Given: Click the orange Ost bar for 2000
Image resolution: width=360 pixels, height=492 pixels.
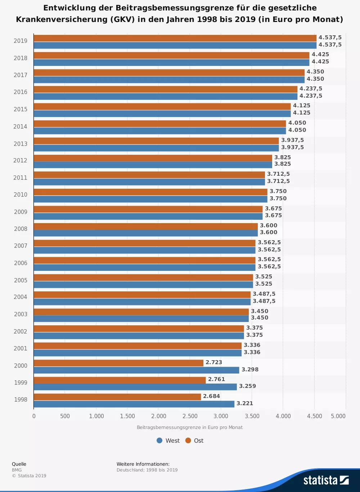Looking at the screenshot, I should coord(119,363).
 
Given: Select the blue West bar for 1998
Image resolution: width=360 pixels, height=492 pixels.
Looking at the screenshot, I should coord(134,404).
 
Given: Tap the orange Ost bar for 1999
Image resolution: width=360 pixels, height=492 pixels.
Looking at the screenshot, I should coord(120,380).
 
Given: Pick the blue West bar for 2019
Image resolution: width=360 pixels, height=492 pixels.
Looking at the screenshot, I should coord(175,45).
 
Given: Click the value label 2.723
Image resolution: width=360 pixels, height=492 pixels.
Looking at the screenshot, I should coord(214,362).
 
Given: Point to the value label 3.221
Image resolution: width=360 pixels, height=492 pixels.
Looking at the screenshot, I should coord(245,403).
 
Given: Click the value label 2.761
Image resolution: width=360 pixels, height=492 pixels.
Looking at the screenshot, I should coord(216,379).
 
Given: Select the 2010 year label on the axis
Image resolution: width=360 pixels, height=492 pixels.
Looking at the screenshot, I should coord(21,195).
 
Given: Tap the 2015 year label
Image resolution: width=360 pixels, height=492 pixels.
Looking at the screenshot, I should coord(21,109).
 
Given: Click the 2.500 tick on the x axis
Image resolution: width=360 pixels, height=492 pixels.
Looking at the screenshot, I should coord(190,416).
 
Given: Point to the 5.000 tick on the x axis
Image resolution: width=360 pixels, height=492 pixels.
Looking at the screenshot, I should coord(338,416).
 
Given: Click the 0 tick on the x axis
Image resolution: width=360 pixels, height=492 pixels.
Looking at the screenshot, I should coord(34,416).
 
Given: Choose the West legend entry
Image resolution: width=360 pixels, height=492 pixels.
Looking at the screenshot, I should coord(168,440).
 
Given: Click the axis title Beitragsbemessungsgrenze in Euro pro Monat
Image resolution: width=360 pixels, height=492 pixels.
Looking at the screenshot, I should coord(189,428).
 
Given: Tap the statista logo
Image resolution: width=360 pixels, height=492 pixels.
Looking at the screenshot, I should coord(326,480).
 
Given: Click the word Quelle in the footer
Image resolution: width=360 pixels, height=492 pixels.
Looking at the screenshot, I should coord(19,464).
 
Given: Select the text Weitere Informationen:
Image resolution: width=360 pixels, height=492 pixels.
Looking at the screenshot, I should coord(143,464).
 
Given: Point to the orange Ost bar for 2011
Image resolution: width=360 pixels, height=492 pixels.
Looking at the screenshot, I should coord(149,175).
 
